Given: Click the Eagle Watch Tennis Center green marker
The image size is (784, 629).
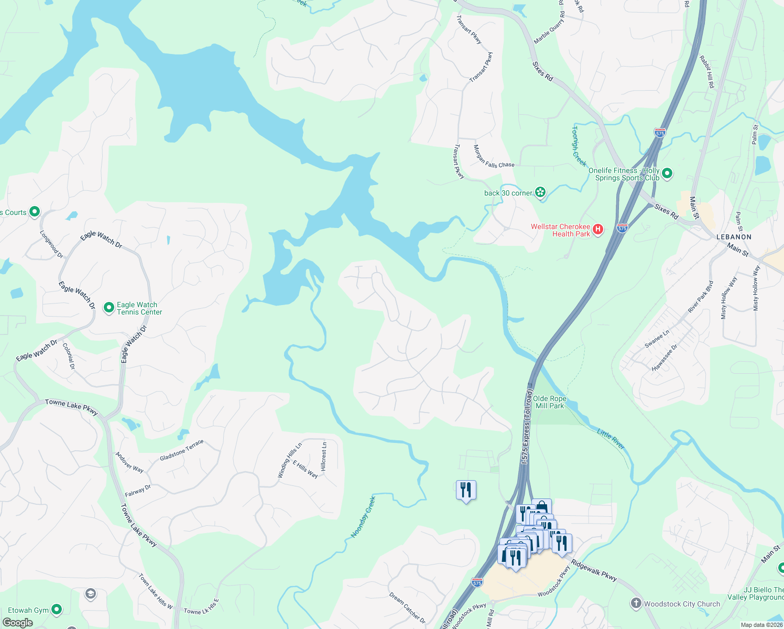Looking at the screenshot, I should [x=109, y=308].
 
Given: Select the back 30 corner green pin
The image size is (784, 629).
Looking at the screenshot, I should [x=540, y=193].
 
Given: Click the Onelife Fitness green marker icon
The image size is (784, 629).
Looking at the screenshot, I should [x=667, y=173].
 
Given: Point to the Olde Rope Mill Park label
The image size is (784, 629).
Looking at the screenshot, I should [x=549, y=402].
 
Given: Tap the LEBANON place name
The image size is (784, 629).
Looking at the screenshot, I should [x=734, y=237].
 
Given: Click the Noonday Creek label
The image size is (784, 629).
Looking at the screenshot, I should [x=363, y=517].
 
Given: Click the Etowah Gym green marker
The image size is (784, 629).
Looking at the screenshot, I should [x=57, y=610].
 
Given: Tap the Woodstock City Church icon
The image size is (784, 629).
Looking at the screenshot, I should [x=636, y=603].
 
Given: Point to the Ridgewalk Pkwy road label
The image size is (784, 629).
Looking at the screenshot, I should [x=594, y=570].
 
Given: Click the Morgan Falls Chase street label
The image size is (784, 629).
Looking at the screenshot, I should [x=494, y=156].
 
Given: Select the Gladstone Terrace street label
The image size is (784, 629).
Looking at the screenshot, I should [x=181, y=451].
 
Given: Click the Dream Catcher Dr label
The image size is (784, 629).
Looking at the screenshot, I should [x=407, y=607].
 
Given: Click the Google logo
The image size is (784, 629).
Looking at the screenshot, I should [x=17, y=623].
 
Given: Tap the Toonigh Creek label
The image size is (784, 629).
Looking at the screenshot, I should [x=579, y=146].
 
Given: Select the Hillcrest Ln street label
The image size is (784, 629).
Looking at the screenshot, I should [x=324, y=456].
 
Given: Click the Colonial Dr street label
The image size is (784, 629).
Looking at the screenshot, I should [x=69, y=356].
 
